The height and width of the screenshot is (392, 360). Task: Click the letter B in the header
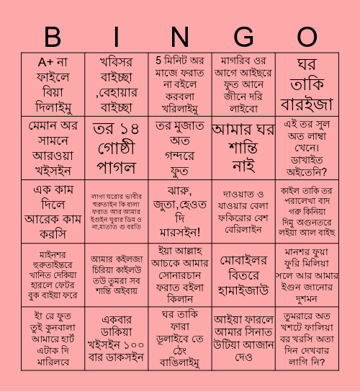[53, 37]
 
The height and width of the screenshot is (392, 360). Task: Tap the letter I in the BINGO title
[117, 37]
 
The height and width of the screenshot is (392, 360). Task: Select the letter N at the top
[180, 37]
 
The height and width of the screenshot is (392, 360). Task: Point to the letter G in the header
[243, 37]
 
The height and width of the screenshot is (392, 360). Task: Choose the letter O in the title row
[307, 37]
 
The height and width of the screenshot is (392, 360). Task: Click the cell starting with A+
[53, 84]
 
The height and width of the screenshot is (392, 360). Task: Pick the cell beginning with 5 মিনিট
[180, 84]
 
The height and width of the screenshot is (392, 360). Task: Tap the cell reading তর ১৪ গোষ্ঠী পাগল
[117, 148]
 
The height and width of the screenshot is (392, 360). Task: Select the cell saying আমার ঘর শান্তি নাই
[243, 148]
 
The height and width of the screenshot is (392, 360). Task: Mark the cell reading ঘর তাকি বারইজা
[307, 84]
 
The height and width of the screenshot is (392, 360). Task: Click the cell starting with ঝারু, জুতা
[180, 211]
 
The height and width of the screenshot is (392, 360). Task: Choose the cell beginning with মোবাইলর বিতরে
[243, 275]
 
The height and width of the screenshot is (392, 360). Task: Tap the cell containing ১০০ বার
[117, 338]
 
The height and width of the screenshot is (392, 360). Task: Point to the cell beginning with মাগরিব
[243, 84]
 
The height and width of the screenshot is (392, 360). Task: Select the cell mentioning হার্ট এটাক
[53, 338]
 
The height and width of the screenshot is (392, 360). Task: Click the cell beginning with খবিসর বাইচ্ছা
[117, 84]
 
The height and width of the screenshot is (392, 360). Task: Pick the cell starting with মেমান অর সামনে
[53, 148]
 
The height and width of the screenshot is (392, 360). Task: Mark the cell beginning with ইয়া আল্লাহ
[180, 275]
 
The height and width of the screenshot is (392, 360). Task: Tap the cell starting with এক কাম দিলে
[53, 211]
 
